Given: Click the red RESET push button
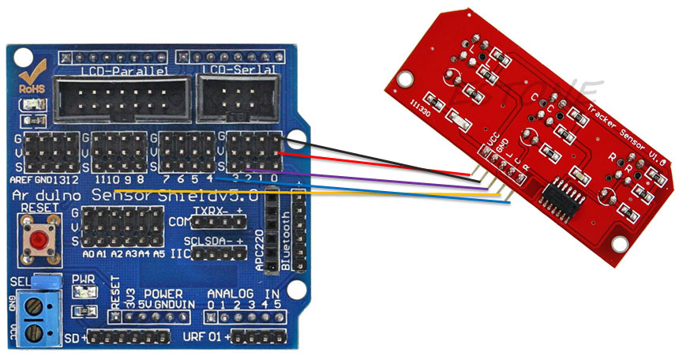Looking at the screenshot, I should [x=36, y=239].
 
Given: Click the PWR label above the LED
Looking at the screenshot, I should [x=83, y=279].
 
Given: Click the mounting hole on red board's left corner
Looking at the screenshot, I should [x=405, y=79].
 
